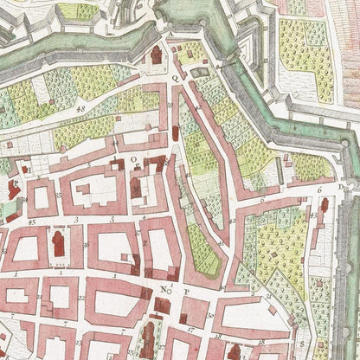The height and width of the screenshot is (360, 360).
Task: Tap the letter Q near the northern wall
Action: [176, 77]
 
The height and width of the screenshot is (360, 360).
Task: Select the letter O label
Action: [133, 159]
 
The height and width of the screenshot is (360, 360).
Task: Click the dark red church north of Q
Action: [157, 55]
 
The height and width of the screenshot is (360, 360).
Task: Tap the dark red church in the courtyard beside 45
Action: [58, 244]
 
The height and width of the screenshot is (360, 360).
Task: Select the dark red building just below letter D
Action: [324, 205]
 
